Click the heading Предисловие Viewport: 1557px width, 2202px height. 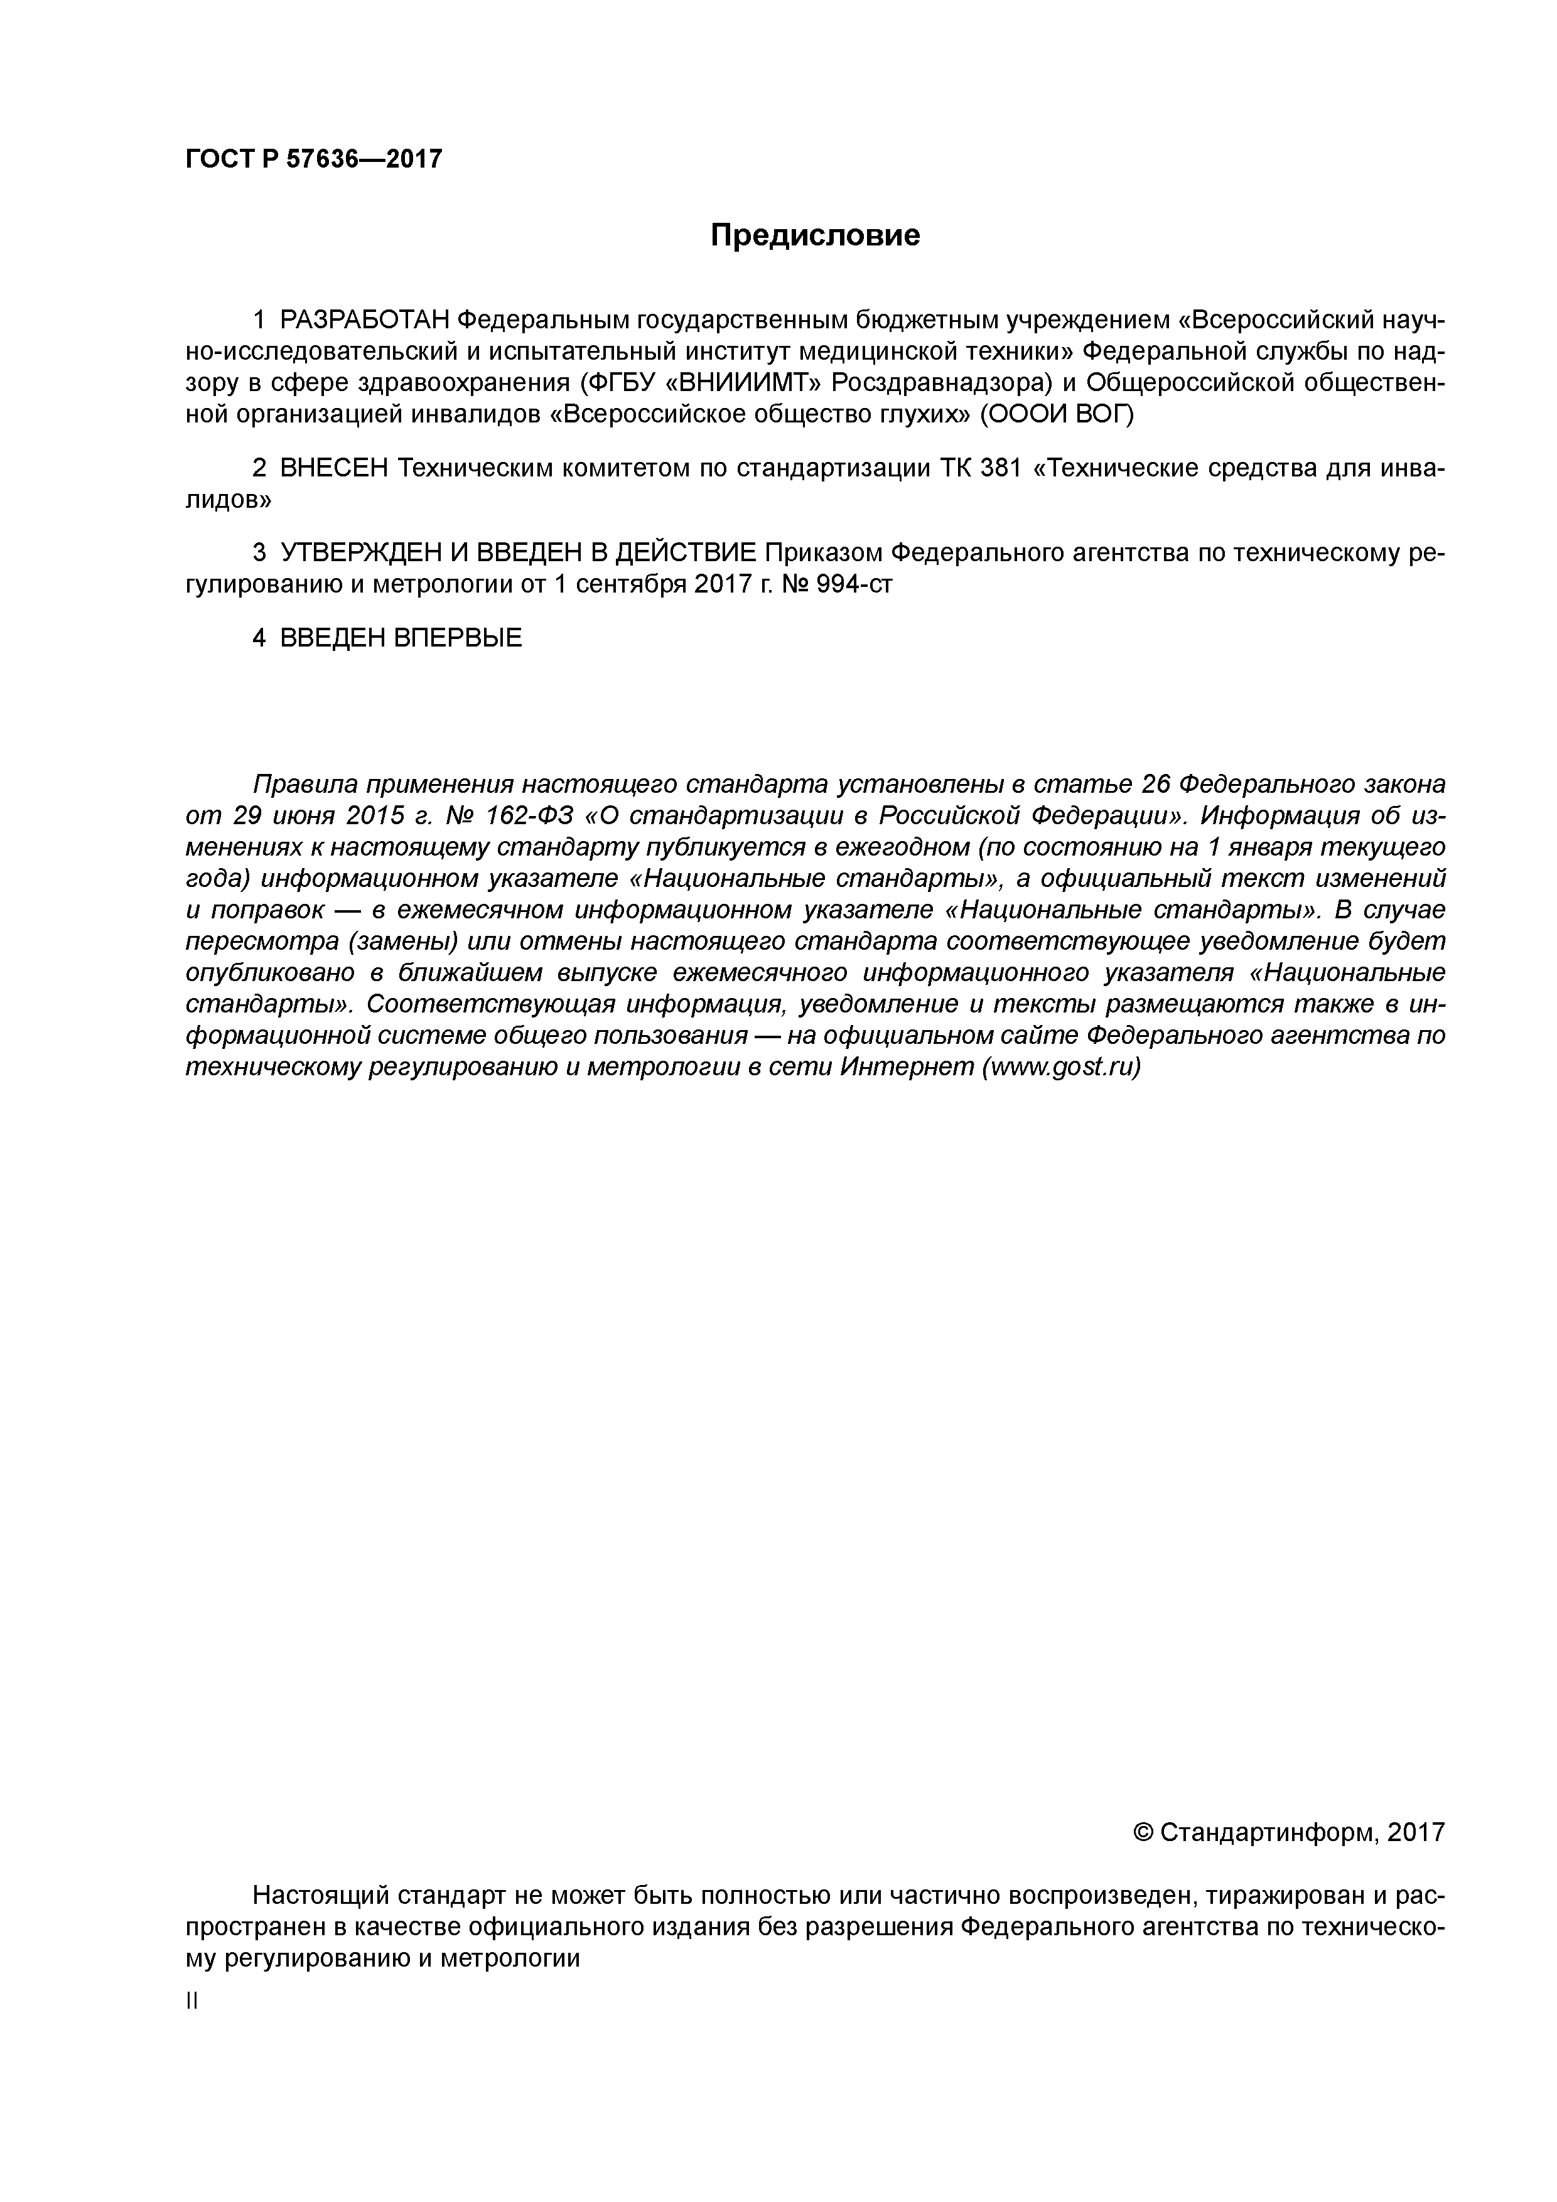[x=814, y=235]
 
